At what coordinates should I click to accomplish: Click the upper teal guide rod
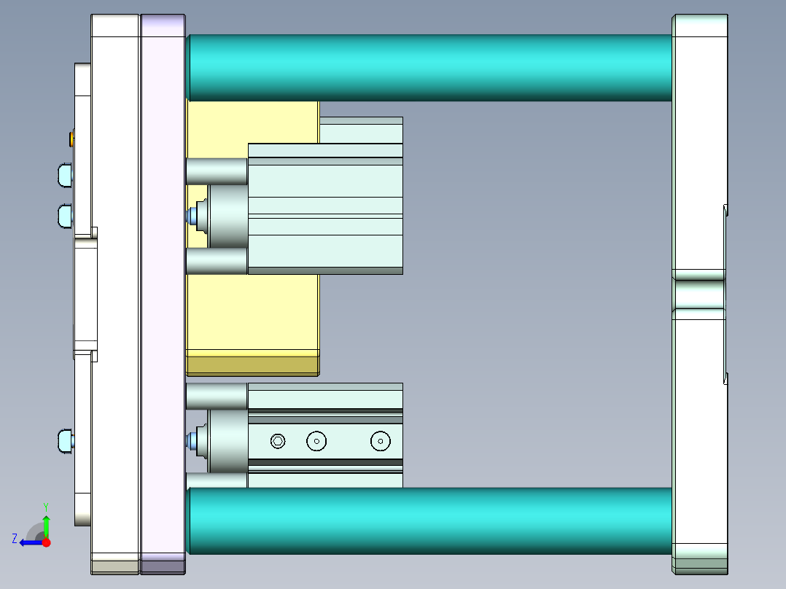point(430,67)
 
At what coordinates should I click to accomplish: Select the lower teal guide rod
point(430,520)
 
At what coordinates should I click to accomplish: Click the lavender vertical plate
point(163,292)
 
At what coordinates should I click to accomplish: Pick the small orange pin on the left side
point(71,138)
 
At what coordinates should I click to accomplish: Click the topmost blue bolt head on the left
point(64,175)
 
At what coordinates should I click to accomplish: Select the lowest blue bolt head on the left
point(65,441)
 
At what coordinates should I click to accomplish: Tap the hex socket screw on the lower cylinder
point(277,440)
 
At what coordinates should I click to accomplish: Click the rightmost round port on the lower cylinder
point(380,440)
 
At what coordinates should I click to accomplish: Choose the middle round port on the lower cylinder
point(316,440)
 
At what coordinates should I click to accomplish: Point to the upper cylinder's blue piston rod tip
point(193,216)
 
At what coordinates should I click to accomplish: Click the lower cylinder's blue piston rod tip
point(193,440)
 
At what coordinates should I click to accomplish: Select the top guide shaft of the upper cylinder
point(217,171)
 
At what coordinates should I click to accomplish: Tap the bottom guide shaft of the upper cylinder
point(217,261)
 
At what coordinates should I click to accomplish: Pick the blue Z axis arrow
point(29,542)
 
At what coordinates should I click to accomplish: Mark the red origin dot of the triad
point(46,542)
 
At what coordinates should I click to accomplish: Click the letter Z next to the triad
point(15,539)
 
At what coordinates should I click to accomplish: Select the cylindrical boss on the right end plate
point(699,294)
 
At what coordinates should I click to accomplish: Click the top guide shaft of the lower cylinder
point(217,396)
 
